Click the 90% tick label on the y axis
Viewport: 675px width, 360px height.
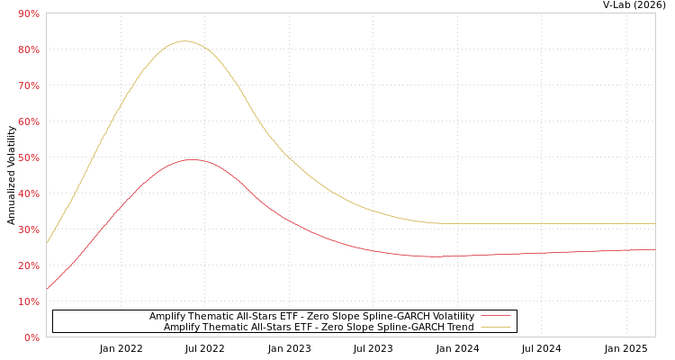28,13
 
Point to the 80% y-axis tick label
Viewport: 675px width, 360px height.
28,49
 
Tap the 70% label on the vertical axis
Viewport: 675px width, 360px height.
28,85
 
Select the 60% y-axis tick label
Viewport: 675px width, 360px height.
28,121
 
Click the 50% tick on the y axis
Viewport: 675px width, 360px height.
28,157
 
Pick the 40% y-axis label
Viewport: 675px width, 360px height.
28,193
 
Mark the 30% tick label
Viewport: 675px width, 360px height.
28,229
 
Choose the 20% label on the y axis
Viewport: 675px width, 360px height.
28,265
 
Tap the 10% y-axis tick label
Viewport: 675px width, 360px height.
28,301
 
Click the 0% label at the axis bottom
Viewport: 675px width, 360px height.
31,337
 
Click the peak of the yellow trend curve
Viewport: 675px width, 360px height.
184,40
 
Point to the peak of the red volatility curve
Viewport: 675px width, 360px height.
192,159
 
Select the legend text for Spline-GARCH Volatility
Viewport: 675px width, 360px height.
311,316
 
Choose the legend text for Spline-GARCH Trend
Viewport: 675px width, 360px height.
319,327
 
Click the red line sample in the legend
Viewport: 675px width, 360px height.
495,316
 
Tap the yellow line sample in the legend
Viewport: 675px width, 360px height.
495,327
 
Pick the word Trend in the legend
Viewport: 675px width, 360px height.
459,327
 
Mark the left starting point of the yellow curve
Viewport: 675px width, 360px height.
47,243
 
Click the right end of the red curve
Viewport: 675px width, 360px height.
654,249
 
